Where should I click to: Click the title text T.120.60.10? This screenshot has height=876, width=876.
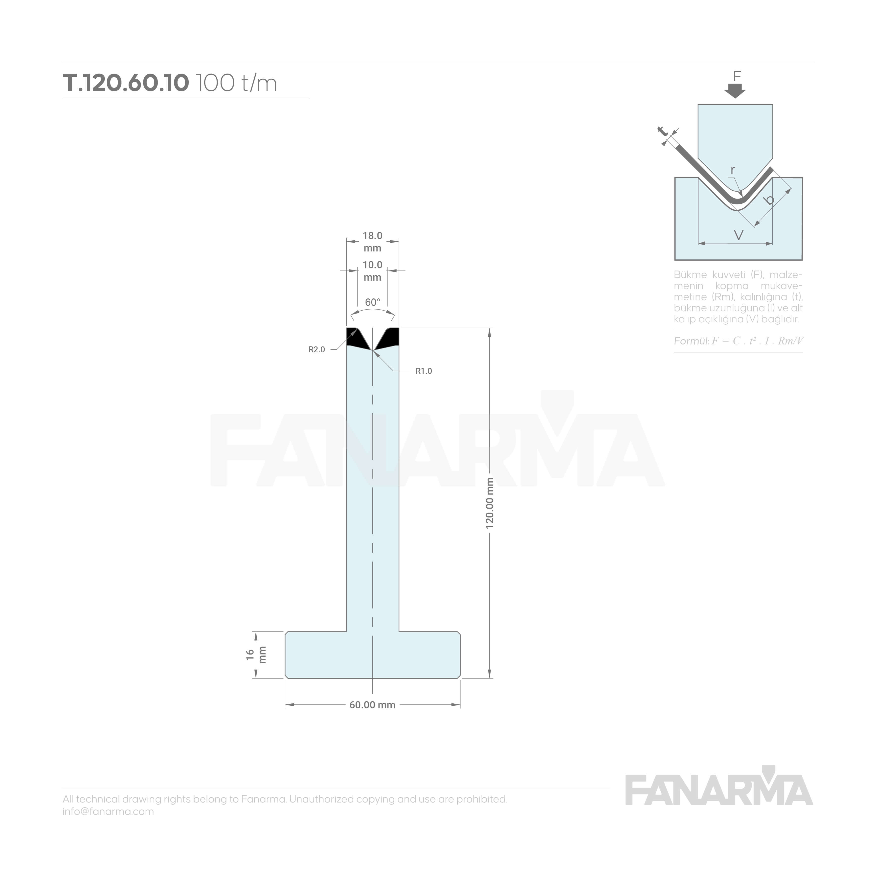click(126, 83)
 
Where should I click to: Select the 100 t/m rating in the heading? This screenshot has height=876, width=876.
click(236, 83)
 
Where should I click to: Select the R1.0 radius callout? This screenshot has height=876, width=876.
click(424, 371)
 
